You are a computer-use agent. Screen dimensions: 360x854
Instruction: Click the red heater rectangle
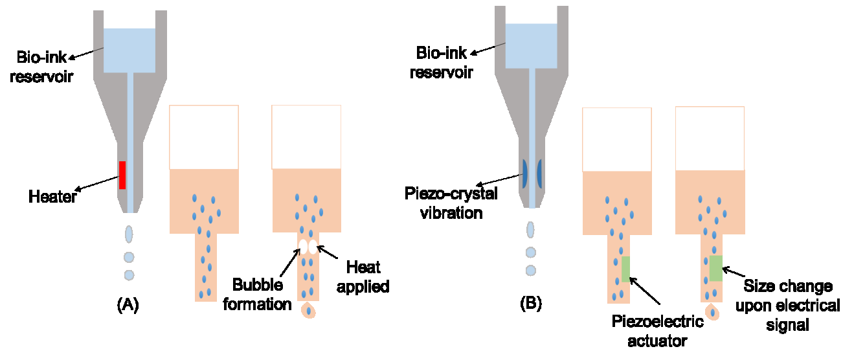point(122,175)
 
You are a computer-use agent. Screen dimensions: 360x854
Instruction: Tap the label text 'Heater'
point(52,196)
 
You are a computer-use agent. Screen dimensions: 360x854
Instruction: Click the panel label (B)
point(530,302)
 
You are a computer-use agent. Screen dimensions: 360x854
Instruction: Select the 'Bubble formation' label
point(257,294)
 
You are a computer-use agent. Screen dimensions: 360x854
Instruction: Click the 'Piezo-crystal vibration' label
point(451,203)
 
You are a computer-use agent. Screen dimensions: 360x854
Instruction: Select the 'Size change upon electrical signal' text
point(787,305)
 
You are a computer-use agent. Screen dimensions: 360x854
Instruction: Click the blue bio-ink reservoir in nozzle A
point(129,51)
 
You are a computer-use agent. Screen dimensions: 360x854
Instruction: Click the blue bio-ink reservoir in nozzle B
point(531,46)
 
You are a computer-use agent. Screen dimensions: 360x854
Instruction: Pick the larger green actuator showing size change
point(715,268)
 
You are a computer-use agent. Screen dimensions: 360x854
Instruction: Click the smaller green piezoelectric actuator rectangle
point(625,269)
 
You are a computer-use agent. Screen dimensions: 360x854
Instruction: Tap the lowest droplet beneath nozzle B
point(531,269)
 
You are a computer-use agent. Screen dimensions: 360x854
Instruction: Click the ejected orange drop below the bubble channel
point(309,311)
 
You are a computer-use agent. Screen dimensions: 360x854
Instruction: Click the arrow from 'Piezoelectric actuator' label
point(644,291)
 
